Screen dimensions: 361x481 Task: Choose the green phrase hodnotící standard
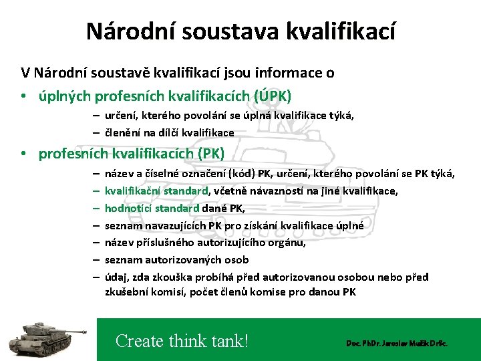[152, 208]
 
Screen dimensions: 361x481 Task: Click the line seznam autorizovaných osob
[176, 259]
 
